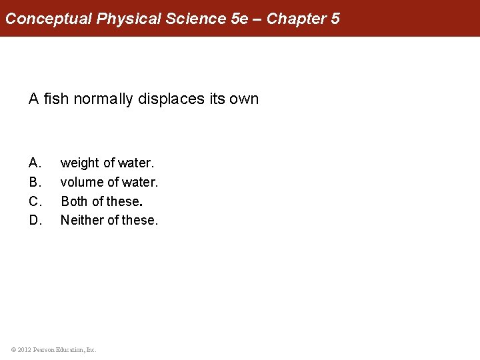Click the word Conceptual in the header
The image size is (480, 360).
coord(49,19)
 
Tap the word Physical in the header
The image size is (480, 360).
coord(129,19)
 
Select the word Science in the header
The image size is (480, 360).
coord(197,19)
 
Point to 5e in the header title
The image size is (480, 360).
coord(240,19)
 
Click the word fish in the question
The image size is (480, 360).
coord(57,99)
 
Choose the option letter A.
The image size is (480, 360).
coord(35,163)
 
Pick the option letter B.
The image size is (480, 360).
coord(35,182)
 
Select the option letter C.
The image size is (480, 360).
coord(35,201)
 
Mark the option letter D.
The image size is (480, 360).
coord(35,220)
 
